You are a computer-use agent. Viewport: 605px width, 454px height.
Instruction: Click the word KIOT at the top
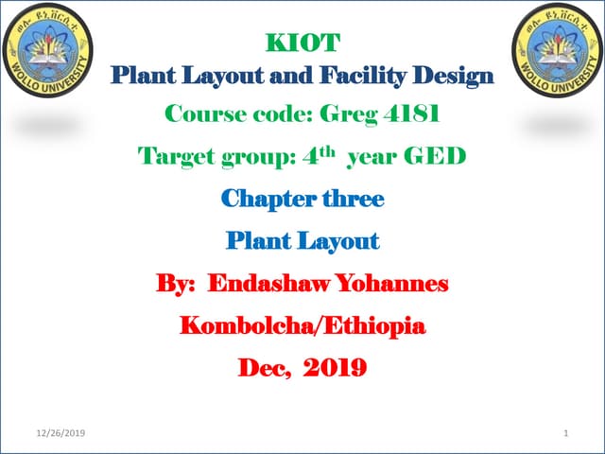[301, 43]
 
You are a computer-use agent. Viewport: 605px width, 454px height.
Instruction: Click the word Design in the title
[457, 75]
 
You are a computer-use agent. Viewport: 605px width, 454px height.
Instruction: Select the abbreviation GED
[437, 156]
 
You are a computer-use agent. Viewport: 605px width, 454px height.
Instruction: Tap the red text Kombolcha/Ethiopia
[302, 326]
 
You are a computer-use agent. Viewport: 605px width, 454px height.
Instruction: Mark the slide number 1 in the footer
[564, 433]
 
